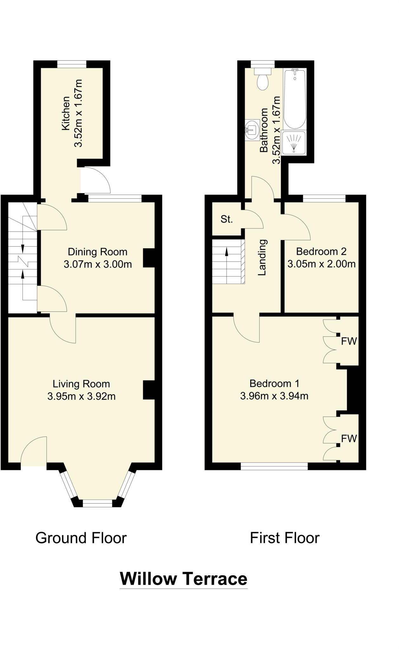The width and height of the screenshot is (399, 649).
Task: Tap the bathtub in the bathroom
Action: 295,99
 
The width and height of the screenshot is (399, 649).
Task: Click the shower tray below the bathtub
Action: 294,143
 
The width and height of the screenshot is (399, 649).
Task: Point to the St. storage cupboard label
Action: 227,219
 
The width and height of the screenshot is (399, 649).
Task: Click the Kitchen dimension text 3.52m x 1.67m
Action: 78,113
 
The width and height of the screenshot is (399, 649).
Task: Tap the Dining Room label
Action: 98,252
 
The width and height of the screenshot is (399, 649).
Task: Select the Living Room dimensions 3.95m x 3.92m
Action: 81,396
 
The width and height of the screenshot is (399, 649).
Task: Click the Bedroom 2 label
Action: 321,252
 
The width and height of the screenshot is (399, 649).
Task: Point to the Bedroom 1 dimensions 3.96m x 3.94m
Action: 274,396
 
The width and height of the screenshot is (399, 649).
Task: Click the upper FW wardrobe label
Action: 349,341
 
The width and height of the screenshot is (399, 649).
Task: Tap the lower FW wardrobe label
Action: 349,439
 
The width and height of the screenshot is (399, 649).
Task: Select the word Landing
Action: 262,257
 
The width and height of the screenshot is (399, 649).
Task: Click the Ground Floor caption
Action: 81,538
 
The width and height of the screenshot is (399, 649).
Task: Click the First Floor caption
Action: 285,538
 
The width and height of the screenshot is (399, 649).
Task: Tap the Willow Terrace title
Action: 183,579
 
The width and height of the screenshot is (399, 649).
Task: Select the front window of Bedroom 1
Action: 274,466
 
